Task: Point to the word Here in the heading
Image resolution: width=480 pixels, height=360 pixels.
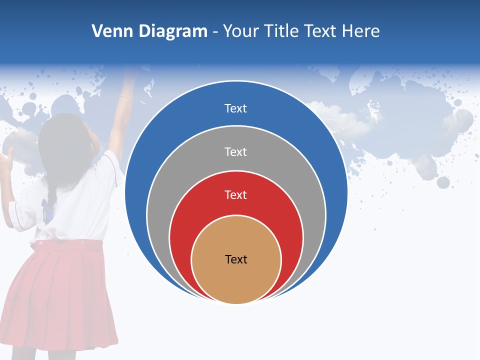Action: (x=360, y=31)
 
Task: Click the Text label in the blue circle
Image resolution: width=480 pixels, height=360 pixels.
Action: (x=235, y=108)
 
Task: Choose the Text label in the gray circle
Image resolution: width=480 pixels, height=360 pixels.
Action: (x=235, y=151)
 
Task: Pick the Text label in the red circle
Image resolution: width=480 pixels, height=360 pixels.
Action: (x=235, y=194)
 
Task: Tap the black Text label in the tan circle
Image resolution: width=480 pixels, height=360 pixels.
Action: (x=236, y=259)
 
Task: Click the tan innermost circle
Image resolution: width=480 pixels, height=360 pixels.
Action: (x=236, y=280)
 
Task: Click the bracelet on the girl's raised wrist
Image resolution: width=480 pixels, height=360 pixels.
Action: (x=126, y=98)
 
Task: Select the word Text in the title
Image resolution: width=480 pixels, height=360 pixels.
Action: (x=321, y=31)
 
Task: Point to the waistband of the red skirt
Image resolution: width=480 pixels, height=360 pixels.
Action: (x=70, y=244)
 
